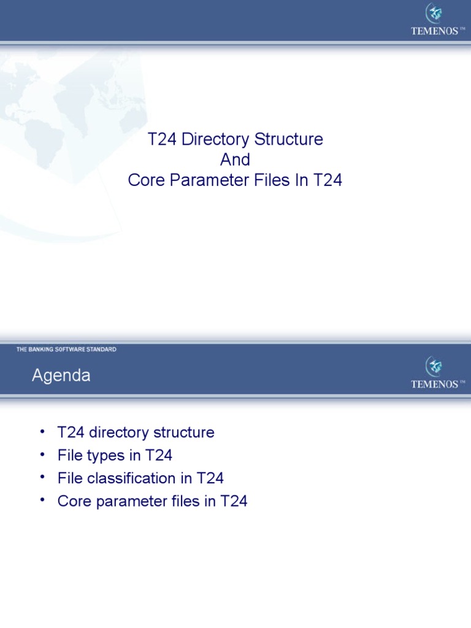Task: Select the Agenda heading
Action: click(61, 376)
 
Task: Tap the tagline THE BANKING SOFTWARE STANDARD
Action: click(66, 350)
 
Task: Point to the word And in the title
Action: click(235, 160)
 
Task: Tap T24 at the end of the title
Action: click(328, 181)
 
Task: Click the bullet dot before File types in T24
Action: click(42, 454)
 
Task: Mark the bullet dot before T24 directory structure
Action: click(42, 432)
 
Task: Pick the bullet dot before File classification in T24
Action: click(42, 477)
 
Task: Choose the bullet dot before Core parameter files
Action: click(42, 500)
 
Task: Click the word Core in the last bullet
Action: click(72, 501)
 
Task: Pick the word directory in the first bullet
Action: click(120, 433)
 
